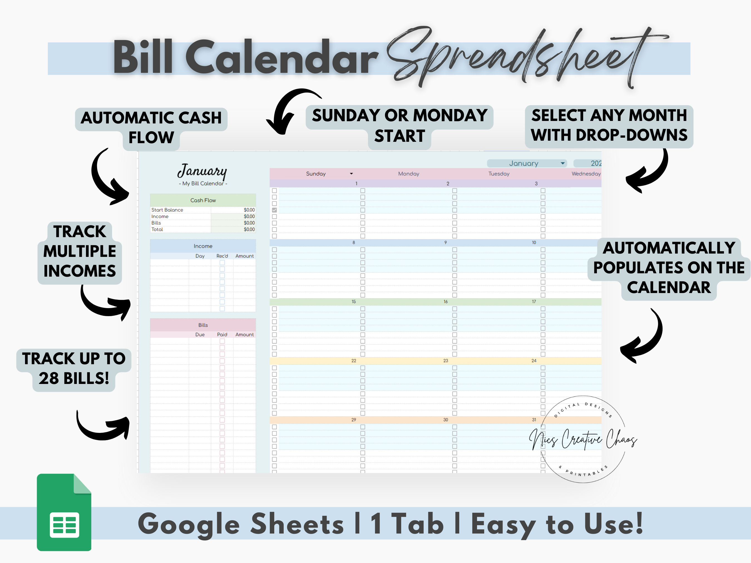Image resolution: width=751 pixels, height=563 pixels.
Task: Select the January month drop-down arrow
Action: pyautogui.click(x=563, y=163)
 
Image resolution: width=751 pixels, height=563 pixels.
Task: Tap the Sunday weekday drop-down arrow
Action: pyautogui.click(x=351, y=174)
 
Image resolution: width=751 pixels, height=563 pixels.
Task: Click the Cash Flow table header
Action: pyautogui.click(x=203, y=200)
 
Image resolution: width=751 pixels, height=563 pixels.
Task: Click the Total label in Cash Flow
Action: pyautogui.click(x=157, y=229)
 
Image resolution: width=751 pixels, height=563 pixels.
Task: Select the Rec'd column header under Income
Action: pyautogui.click(x=222, y=256)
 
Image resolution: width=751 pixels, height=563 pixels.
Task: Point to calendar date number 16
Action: pyautogui.click(x=445, y=302)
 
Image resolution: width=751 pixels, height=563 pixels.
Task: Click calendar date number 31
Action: pyautogui.click(x=534, y=420)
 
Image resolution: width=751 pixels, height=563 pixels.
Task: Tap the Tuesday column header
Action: pyautogui.click(x=499, y=174)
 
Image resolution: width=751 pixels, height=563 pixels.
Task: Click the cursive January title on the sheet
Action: pyautogui.click(x=202, y=171)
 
